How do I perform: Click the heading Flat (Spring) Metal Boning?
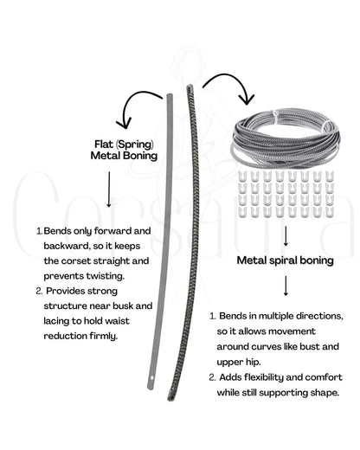pyautogui.click(x=124, y=150)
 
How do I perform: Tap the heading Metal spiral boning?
pyautogui.click(x=286, y=260)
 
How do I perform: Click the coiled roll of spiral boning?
pyautogui.click(x=286, y=136)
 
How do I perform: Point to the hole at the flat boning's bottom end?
pyautogui.click(x=151, y=377)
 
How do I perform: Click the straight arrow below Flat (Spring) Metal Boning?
pyautogui.click(x=109, y=190)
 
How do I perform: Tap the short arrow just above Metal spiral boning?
pyautogui.click(x=286, y=235)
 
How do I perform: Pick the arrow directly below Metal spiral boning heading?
pyautogui.click(x=286, y=286)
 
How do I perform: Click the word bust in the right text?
pyautogui.click(x=310, y=346)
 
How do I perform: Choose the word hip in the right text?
pyautogui.click(x=253, y=362)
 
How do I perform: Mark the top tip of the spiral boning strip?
pyautogui.click(x=190, y=86)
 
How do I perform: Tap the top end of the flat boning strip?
pyautogui.click(x=170, y=94)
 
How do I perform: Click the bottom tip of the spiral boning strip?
pyautogui.click(x=170, y=400)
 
